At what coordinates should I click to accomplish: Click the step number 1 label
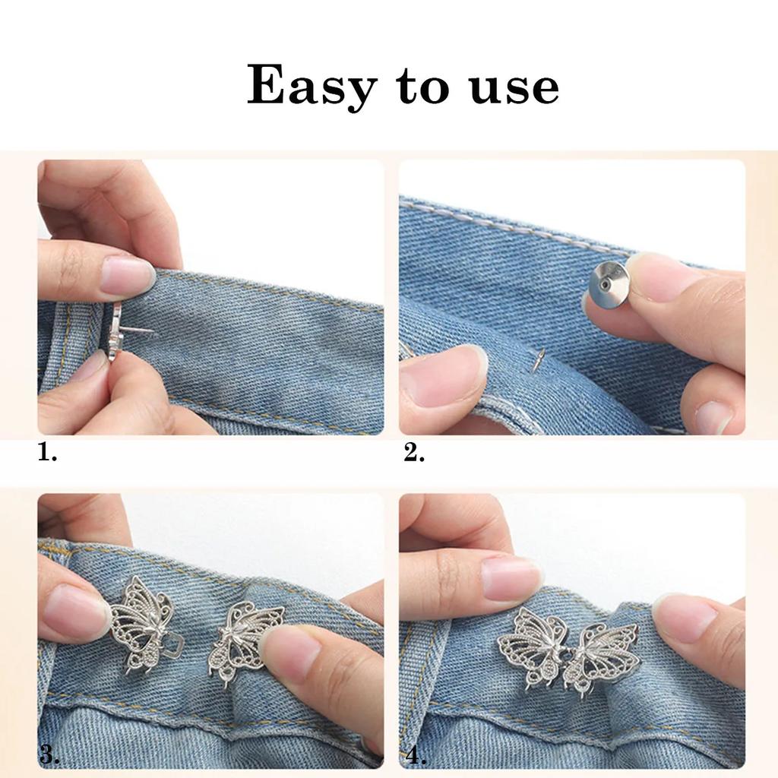[47, 452]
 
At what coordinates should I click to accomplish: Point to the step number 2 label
[414, 452]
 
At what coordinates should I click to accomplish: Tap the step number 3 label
[49, 756]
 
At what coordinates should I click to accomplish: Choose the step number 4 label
[416, 756]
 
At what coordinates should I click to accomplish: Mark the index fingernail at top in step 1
[127, 275]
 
